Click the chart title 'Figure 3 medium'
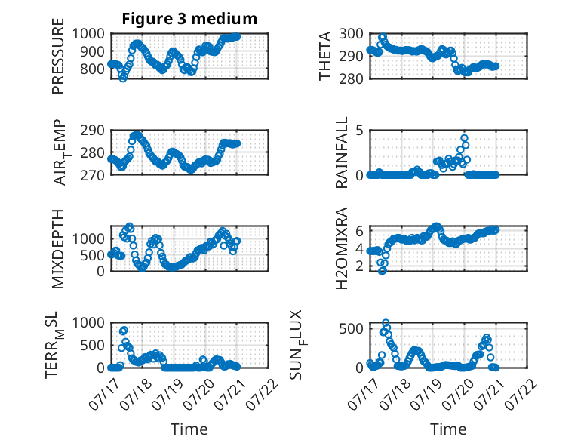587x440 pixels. pos(189,19)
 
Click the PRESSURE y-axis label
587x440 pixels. pos(58,56)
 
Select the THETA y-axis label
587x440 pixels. pos(325,56)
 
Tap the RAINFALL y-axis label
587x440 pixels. pos(342,152)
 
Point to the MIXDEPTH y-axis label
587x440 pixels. pos(58,248)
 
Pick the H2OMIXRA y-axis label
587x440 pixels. pos(342,248)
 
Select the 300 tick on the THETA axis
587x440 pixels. pos(351,34)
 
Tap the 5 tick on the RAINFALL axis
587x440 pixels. pos(359,131)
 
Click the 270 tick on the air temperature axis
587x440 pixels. pos(92,175)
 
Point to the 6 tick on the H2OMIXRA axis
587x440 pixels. pos(359,231)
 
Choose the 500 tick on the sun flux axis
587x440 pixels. pos(351,329)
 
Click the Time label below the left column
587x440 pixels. pos(189,429)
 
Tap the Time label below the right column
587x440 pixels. pos(448,429)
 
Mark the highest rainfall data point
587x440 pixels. pos(464,138)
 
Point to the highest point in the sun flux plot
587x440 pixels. pos(386,322)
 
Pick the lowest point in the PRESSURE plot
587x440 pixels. pos(123,78)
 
